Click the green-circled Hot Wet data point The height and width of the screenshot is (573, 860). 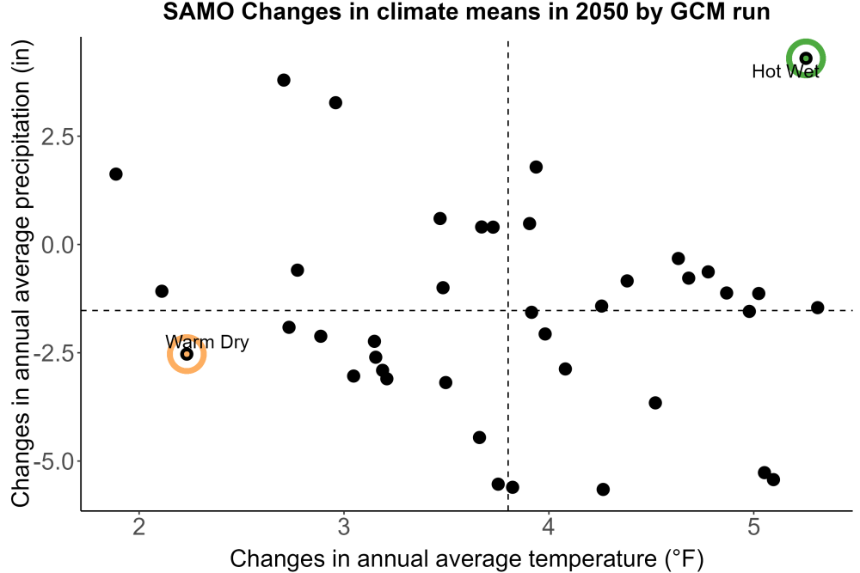pyautogui.click(x=806, y=58)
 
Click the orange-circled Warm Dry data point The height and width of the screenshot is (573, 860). pyautogui.click(x=187, y=354)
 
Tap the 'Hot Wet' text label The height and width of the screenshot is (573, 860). pyautogui.click(x=785, y=71)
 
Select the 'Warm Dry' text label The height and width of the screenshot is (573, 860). pyautogui.click(x=206, y=342)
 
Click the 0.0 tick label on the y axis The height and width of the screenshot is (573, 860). pyautogui.click(x=58, y=244)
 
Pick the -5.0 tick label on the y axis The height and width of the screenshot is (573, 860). pyautogui.click(x=54, y=461)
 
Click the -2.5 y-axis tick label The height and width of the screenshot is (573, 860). pyautogui.click(x=54, y=353)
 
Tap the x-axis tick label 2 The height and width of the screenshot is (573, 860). pyautogui.click(x=139, y=527)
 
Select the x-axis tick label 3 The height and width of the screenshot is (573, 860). pyautogui.click(x=344, y=527)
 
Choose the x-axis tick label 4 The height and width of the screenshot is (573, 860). pyautogui.click(x=549, y=527)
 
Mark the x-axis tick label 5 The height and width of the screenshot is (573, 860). pyautogui.click(x=753, y=527)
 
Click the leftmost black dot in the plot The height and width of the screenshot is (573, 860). pyautogui.click(x=116, y=174)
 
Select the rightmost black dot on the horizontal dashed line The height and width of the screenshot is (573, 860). pyautogui.click(x=817, y=308)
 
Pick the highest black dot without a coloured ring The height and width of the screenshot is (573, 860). pyautogui.click(x=284, y=80)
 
